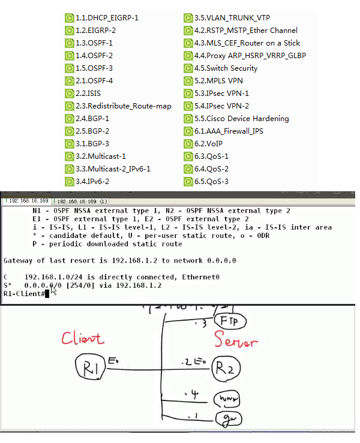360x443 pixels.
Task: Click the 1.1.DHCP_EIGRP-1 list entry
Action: point(107,18)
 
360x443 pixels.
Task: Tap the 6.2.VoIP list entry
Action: point(211,144)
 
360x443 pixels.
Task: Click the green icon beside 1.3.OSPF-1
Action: point(70,43)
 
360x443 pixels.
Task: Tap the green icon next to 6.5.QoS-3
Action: point(188,182)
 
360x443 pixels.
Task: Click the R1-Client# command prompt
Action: point(24,294)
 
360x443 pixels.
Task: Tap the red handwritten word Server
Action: point(236,342)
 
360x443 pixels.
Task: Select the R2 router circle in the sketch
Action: point(230,367)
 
